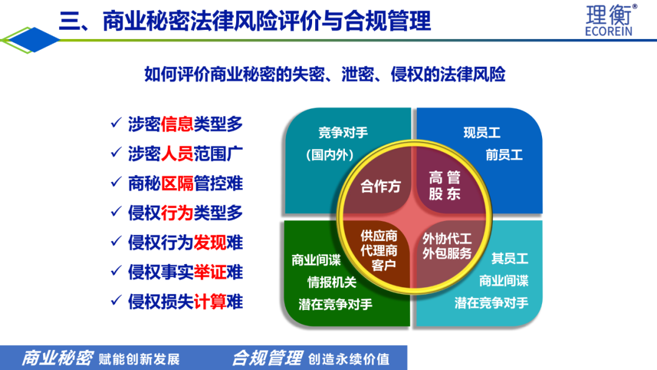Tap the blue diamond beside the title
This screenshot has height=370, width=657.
click(33, 40)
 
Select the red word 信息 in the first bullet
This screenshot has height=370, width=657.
click(177, 124)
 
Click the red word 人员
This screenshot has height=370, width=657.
click(177, 154)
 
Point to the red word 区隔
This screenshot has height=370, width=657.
click(177, 184)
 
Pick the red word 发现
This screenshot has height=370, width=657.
click(210, 243)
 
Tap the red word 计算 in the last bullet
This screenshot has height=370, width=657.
click(210, 302)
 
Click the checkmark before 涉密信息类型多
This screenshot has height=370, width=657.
click(116, 123)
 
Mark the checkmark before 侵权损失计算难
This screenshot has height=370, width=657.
click(116, 301)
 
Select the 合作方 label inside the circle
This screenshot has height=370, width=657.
click(380, 186)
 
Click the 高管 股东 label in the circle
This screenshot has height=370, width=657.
click(445, 185)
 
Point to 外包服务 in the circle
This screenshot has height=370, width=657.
click(447, 254)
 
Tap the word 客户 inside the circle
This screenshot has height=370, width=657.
click(384, 265)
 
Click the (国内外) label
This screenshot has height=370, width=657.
click(330, 155)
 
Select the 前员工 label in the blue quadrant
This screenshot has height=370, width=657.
click(504, 155)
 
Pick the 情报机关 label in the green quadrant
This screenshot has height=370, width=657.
click(332, 282)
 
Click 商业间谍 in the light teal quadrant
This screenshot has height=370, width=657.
click(504, 281)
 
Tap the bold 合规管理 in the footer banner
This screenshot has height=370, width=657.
click(267, 358)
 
